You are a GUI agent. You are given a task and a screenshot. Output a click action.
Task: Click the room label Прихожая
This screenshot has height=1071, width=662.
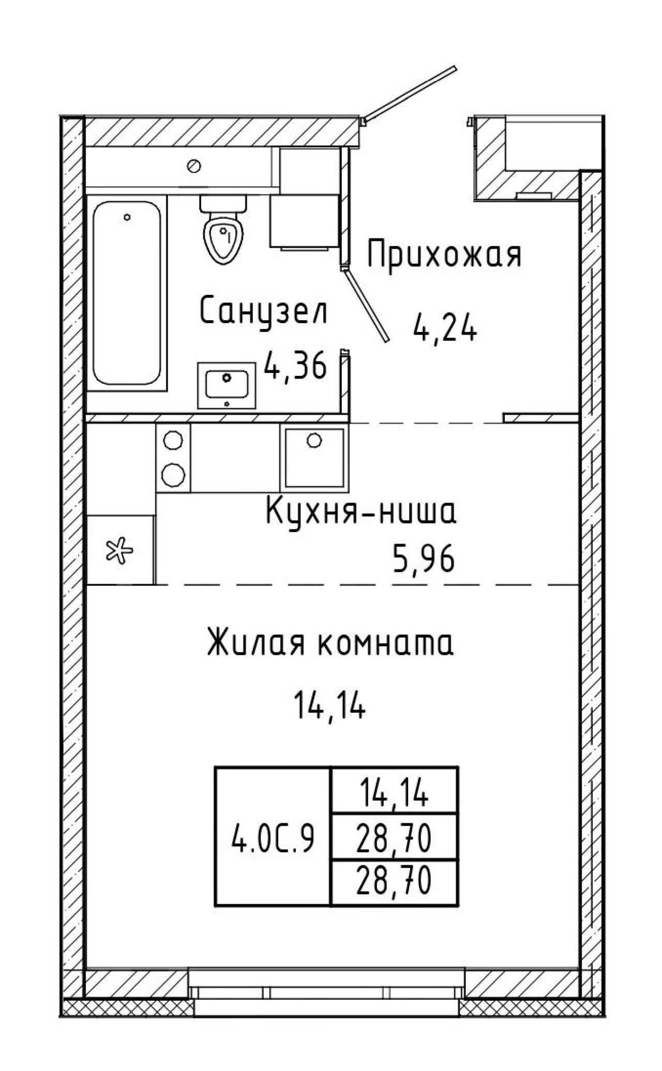coord(444,253)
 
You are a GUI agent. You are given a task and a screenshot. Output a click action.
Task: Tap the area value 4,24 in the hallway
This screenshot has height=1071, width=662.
coord(444,327)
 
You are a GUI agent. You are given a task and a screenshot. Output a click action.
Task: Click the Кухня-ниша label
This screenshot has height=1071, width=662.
coord(361,512)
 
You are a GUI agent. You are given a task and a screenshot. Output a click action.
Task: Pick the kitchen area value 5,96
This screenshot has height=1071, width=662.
coord(424,559)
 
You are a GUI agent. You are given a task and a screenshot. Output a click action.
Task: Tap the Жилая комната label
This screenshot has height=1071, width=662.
coord(330,643)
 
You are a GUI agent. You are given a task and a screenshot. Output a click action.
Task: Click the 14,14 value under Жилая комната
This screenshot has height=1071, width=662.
coord(329,704)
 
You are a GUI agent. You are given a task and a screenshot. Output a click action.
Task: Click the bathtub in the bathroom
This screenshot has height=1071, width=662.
coord(127,293)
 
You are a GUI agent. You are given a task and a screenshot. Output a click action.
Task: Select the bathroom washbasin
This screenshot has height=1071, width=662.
coord(227,385)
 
